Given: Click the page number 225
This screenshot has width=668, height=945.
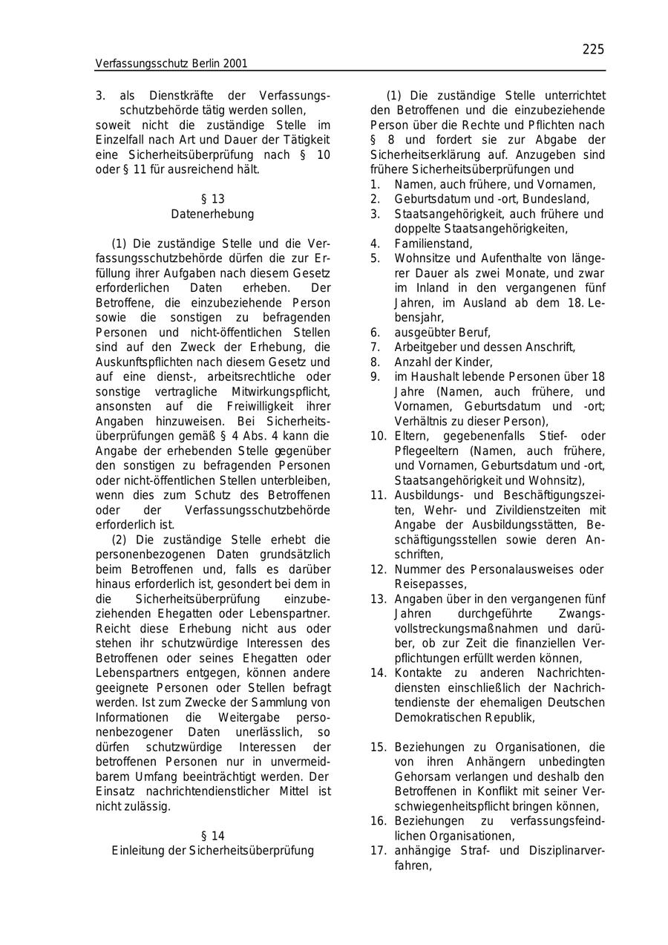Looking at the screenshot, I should coord(593,50).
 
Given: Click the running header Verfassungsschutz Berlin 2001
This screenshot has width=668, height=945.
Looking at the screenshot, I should coord(171,64).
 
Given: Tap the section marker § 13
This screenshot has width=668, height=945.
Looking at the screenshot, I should coord(212,199).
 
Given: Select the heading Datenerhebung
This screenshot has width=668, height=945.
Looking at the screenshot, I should coord(212,214).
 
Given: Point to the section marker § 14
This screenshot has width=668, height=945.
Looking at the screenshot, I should coord(212,836).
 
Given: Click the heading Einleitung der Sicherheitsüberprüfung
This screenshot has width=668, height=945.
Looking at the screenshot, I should coord(212,851).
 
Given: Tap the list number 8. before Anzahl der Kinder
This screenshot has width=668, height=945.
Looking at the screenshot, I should coord(376,362).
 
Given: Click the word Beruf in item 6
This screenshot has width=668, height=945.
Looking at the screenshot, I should coord(474,333).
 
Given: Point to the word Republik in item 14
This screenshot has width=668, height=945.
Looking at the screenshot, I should coord(508,718).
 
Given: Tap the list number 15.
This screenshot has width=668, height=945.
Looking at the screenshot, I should coord(379,748).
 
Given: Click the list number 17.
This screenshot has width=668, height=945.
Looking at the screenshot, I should coord(379,851).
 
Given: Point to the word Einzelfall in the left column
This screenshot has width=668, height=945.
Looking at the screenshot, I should coord(123,140).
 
